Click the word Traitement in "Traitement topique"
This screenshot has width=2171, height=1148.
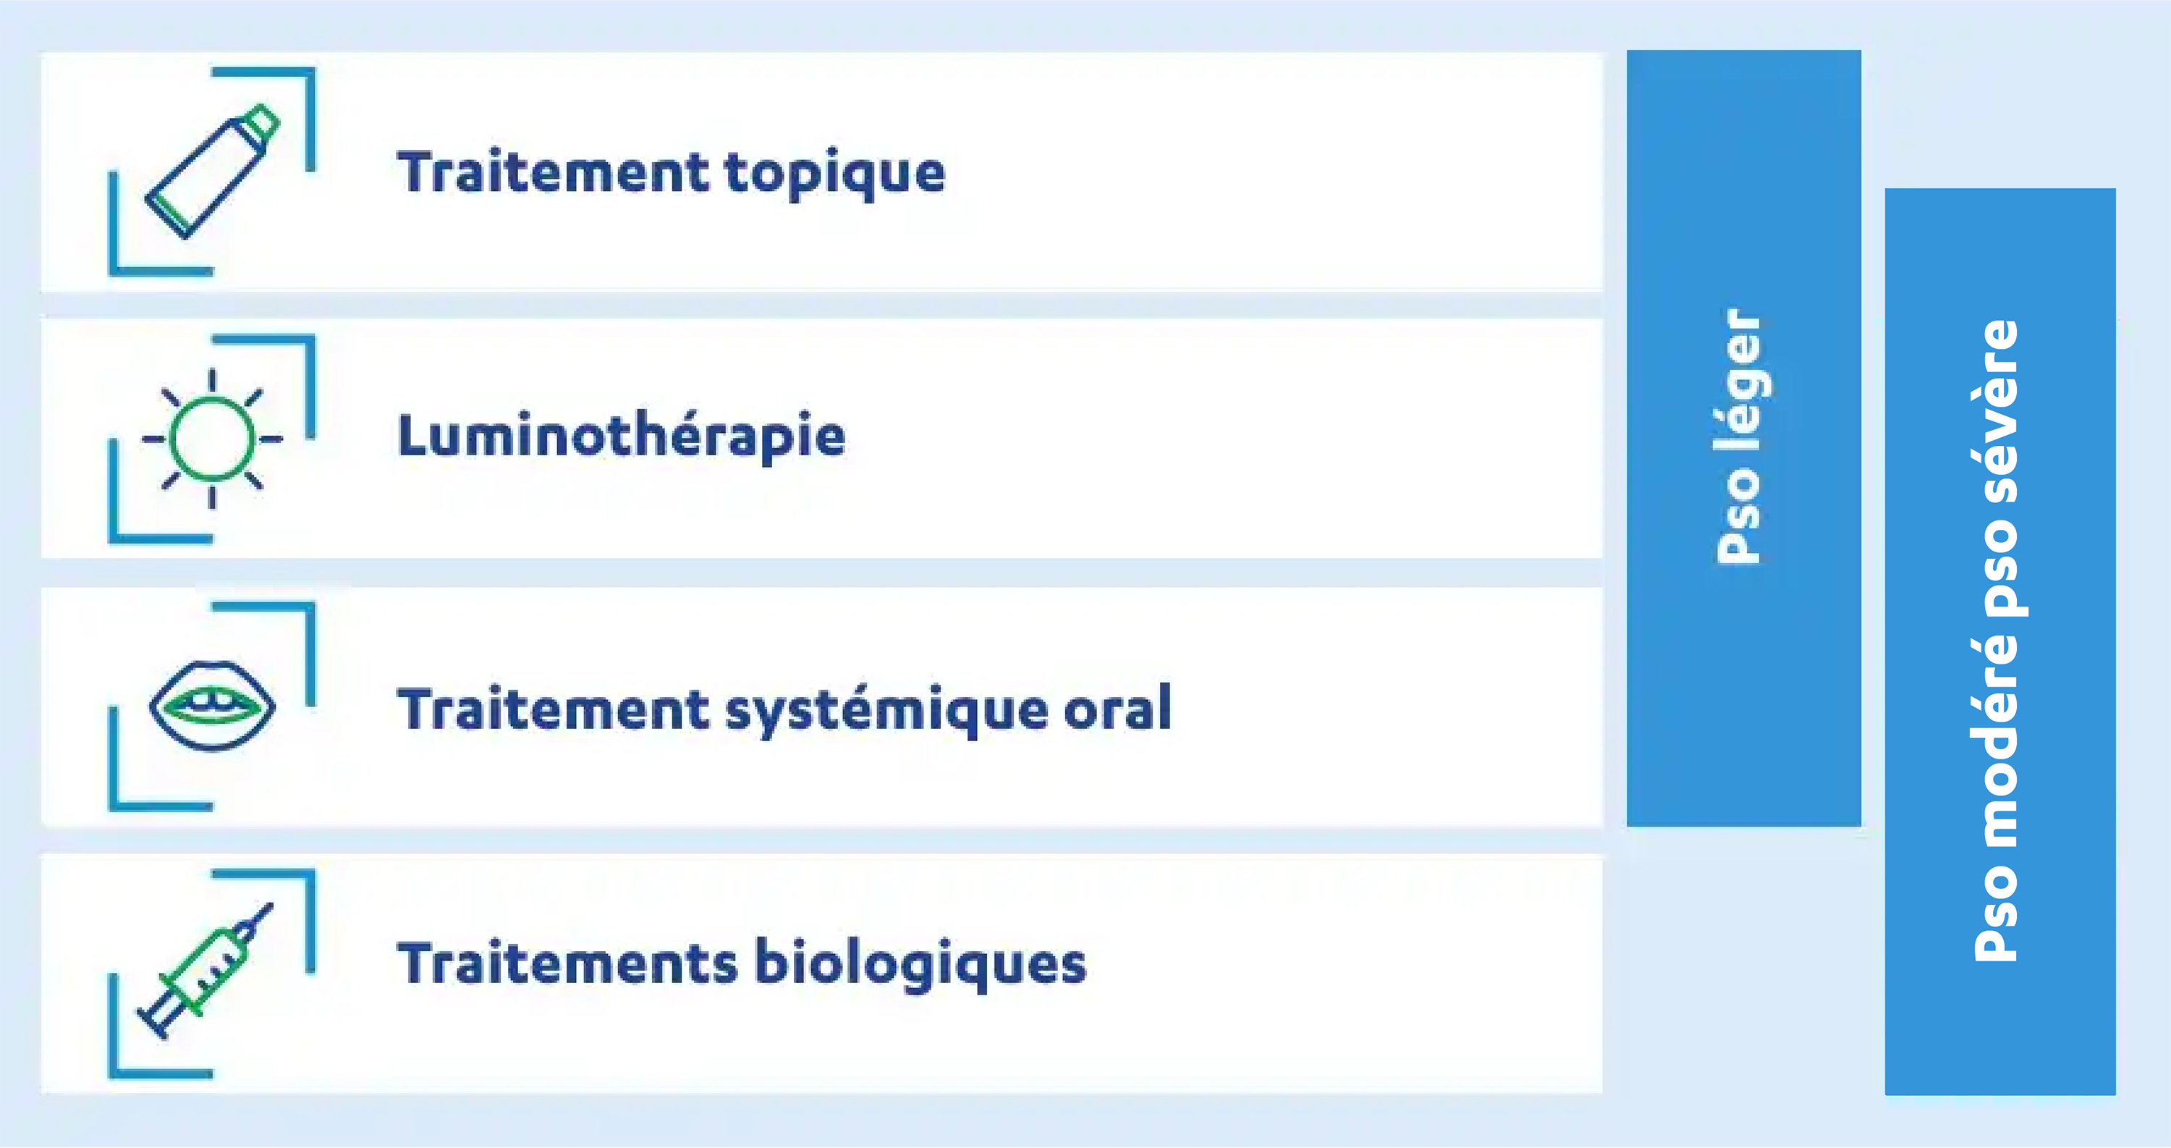(553, 173)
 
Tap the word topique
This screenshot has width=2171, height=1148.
(834, 174)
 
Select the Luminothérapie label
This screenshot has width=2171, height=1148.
(621, 436)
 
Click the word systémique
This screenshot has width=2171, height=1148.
(884, 709)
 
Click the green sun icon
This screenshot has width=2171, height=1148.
(211, 439)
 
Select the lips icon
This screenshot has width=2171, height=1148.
(211, 706)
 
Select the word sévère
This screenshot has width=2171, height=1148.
(1997, 411)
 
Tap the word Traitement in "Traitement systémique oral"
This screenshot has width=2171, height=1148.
(553, 709)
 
